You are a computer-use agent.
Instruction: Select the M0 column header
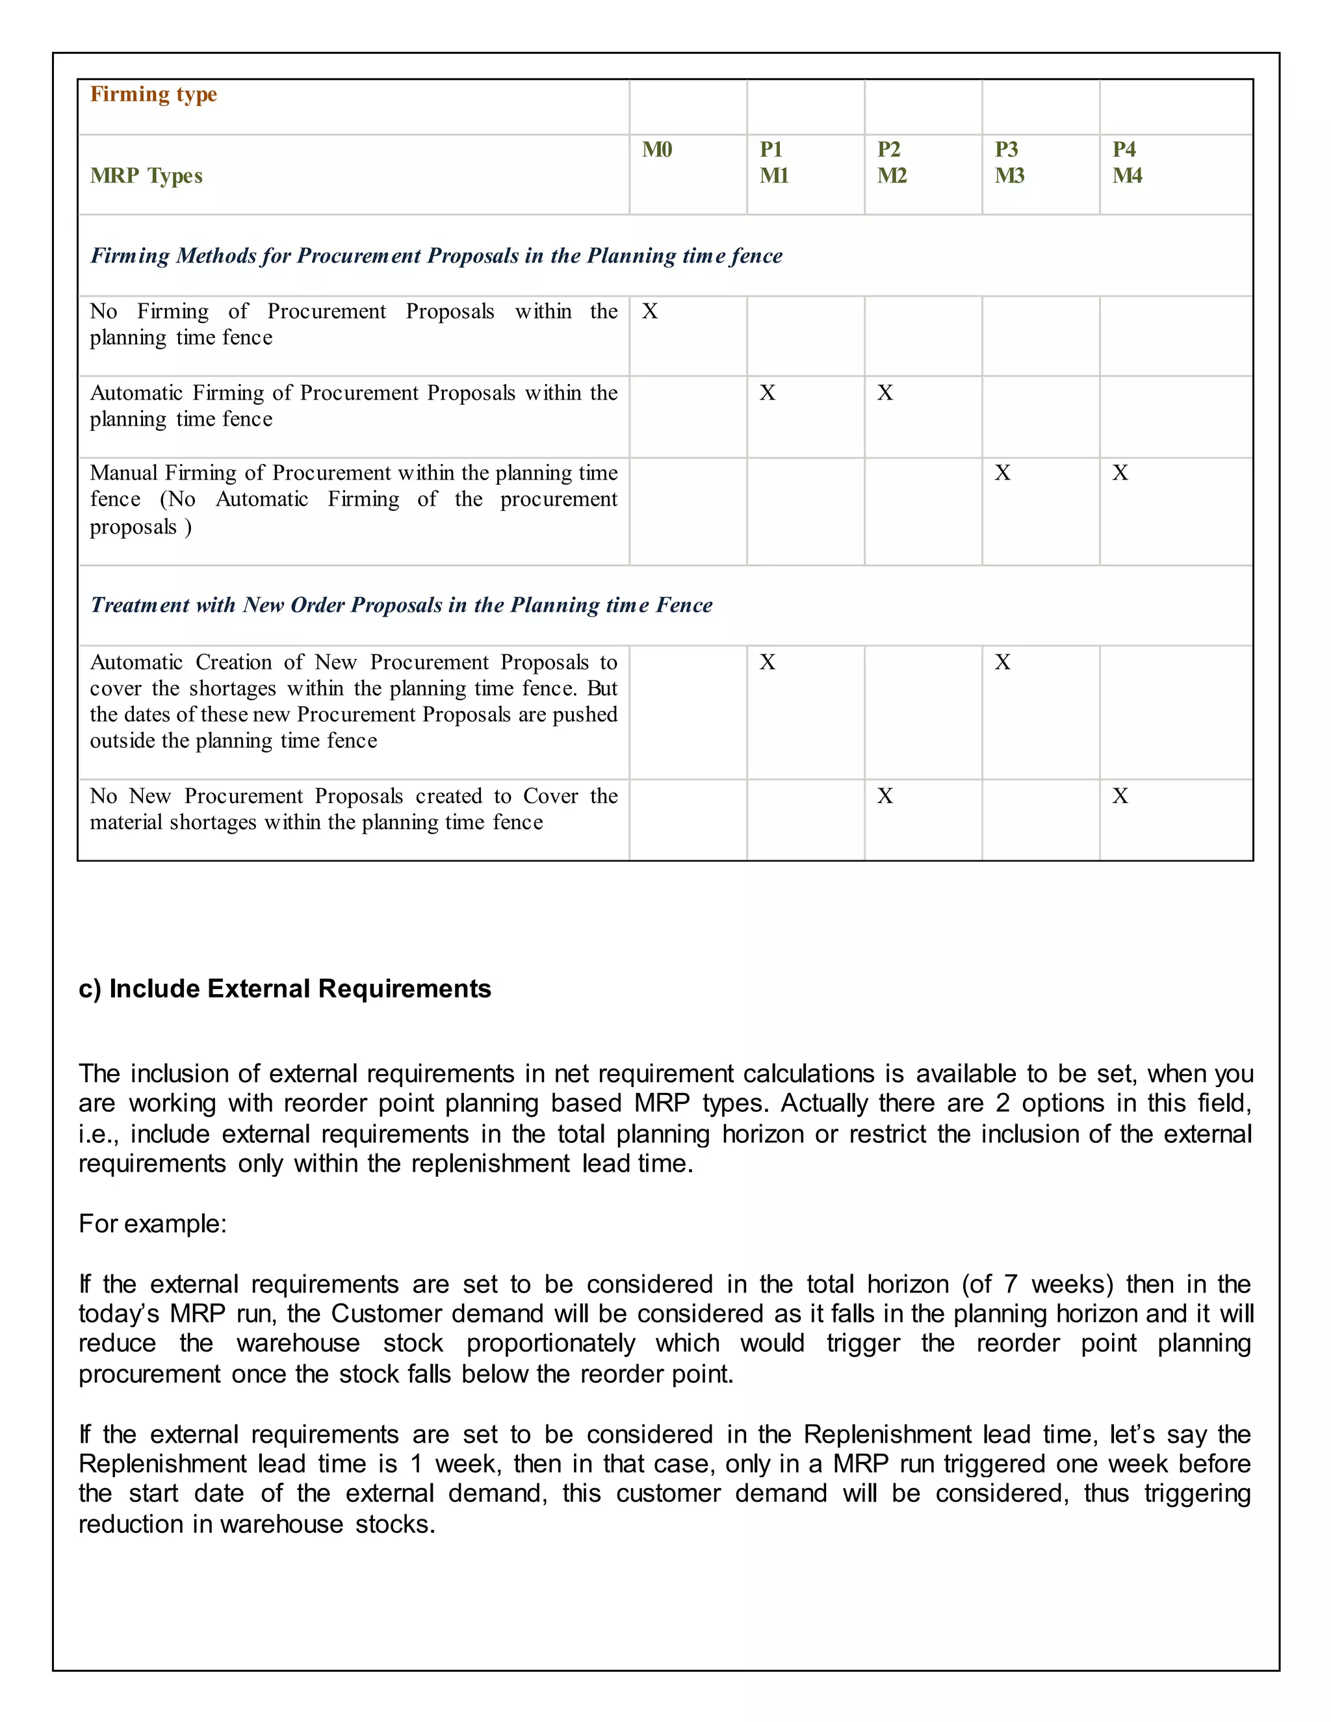click(x=657, y=150)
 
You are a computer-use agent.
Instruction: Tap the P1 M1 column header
click(x=773, y=162)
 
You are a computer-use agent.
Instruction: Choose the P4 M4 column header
click(x=1127, y=162)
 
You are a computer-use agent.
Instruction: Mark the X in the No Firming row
click(x=650, y=311)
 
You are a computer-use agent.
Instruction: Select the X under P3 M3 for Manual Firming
click(x=1002, y=473)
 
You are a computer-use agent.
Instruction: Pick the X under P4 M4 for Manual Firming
click(x=1120, y=473)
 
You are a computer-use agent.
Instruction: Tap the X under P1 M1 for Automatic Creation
click(x=768, y=662)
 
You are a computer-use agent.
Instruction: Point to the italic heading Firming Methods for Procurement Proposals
click(x=436, y=256)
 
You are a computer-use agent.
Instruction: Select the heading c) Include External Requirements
click(x=285, y=989)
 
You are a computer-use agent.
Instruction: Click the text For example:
click(x=152, y=1224)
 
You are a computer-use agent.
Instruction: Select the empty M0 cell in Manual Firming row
click(x=688, y=511)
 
